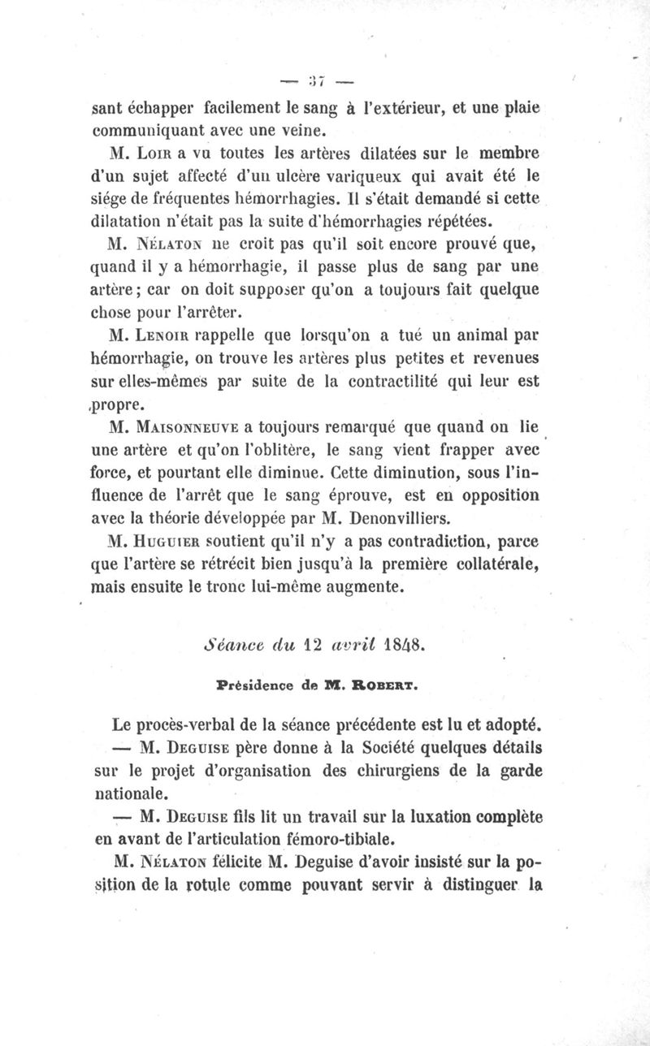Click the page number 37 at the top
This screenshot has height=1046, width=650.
point(316,79)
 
